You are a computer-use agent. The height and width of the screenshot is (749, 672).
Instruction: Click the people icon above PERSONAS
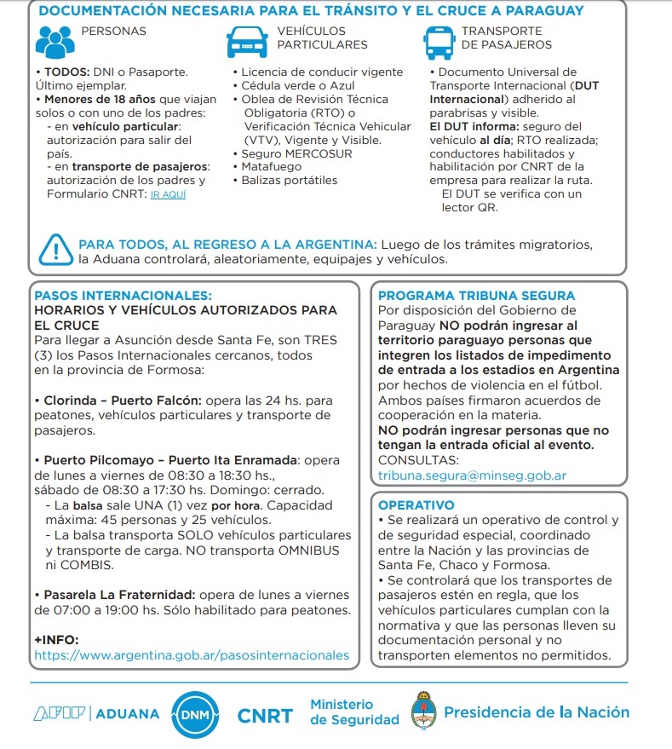[x=55, y=40]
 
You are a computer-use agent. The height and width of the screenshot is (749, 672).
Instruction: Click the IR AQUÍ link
[x=168, y=195]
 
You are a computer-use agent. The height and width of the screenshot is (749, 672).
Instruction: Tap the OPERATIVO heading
[x=416, y=505]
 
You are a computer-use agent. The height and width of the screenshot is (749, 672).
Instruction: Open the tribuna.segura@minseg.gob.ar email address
[x=472, y=475]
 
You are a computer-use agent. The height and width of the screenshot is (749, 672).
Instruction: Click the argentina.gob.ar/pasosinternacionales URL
[x=191, y=655]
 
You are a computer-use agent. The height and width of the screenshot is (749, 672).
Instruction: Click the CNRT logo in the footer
[x=264, y=715]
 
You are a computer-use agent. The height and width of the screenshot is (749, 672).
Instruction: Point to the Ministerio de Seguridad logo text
[x=354, y=712]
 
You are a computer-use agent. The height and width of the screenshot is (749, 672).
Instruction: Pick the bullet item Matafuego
[x=270, y=167]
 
